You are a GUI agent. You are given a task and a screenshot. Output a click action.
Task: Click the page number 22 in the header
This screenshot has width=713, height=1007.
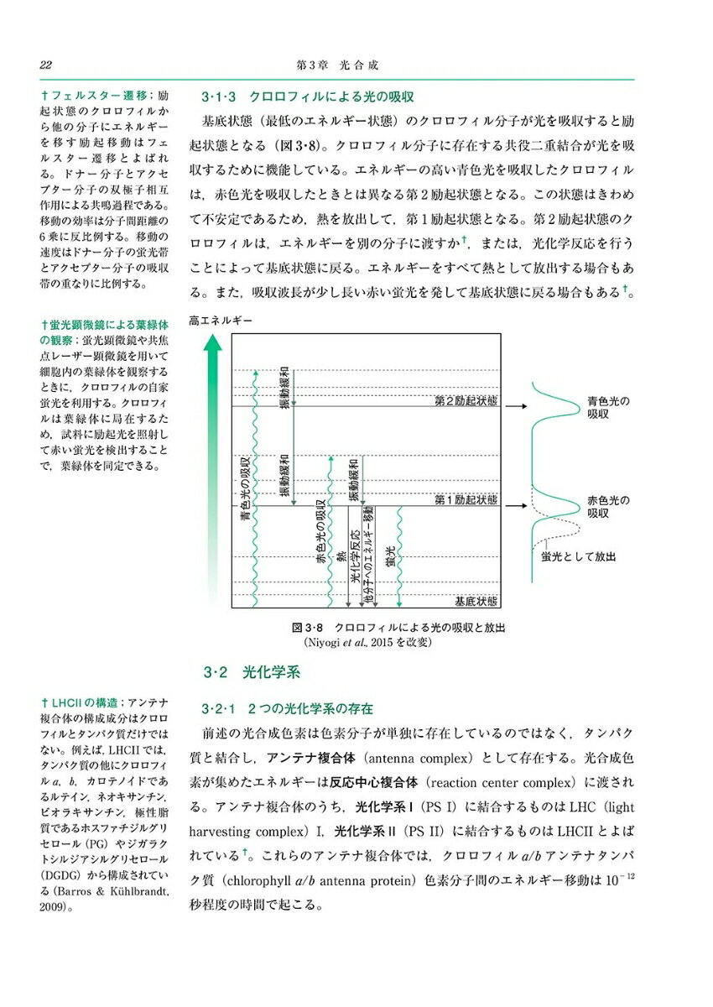(46, 65)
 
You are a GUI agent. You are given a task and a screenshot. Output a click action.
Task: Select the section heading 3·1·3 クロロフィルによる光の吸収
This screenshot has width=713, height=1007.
(309, 96)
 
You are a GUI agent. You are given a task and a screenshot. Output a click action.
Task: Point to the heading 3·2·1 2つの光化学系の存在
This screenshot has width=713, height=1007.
(289, 708)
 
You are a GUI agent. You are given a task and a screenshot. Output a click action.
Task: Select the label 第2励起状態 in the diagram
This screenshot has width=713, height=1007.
(466, 401)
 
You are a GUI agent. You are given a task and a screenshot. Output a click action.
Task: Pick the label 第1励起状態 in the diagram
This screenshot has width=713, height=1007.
(466, 500)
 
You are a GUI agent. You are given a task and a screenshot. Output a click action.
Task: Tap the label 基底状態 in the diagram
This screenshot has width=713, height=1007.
(476, 601)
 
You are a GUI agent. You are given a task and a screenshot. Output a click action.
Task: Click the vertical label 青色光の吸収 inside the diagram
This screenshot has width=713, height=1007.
(244, 491)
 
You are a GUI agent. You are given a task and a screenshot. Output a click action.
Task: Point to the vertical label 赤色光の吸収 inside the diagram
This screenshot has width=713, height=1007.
(321, 534)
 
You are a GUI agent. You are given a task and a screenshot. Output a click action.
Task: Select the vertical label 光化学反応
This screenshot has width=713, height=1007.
(356, 556)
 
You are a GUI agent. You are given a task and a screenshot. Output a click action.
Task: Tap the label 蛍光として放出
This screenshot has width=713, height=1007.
(578, 556)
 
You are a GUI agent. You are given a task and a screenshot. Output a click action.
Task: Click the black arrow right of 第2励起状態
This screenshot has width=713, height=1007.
(519, 405)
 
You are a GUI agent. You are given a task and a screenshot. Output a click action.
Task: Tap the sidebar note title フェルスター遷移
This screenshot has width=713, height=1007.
(93, 96)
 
